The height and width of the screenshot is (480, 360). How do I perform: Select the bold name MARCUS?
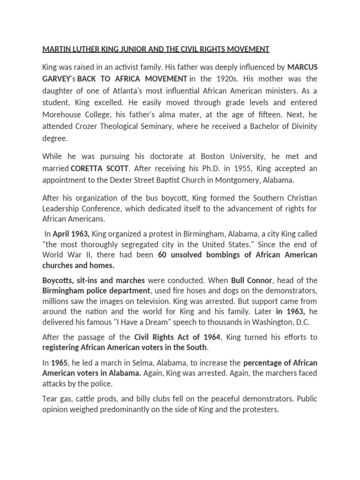pos(302,67)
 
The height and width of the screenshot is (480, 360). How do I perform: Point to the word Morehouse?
pos(61,114)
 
